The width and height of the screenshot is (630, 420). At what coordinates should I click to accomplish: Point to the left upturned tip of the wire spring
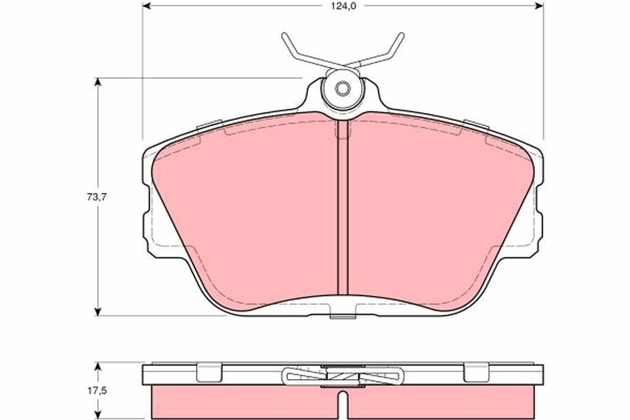coord(284,36)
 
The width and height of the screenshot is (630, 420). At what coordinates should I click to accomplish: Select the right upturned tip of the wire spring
coord(401,36)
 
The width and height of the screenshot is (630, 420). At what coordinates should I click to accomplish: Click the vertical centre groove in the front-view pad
coord(342,210)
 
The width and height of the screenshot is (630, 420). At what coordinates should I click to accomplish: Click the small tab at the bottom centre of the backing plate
coord(342,316)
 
